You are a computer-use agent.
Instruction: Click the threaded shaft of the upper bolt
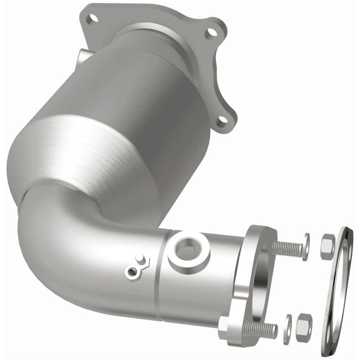tap(288, 247)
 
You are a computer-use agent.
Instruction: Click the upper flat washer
tap(306, 247)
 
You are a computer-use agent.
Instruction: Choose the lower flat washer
tap(288, 325)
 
